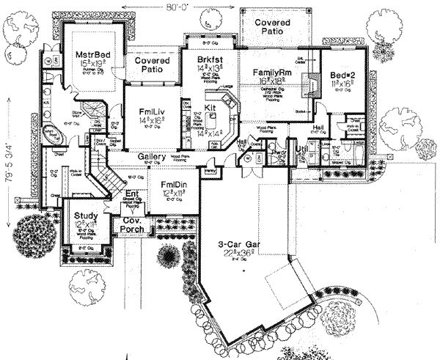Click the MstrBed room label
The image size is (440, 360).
92,55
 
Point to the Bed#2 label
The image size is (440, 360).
342,76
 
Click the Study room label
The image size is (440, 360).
86,215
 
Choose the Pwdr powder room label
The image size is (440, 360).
279,155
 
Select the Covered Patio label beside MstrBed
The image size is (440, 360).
152,65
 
